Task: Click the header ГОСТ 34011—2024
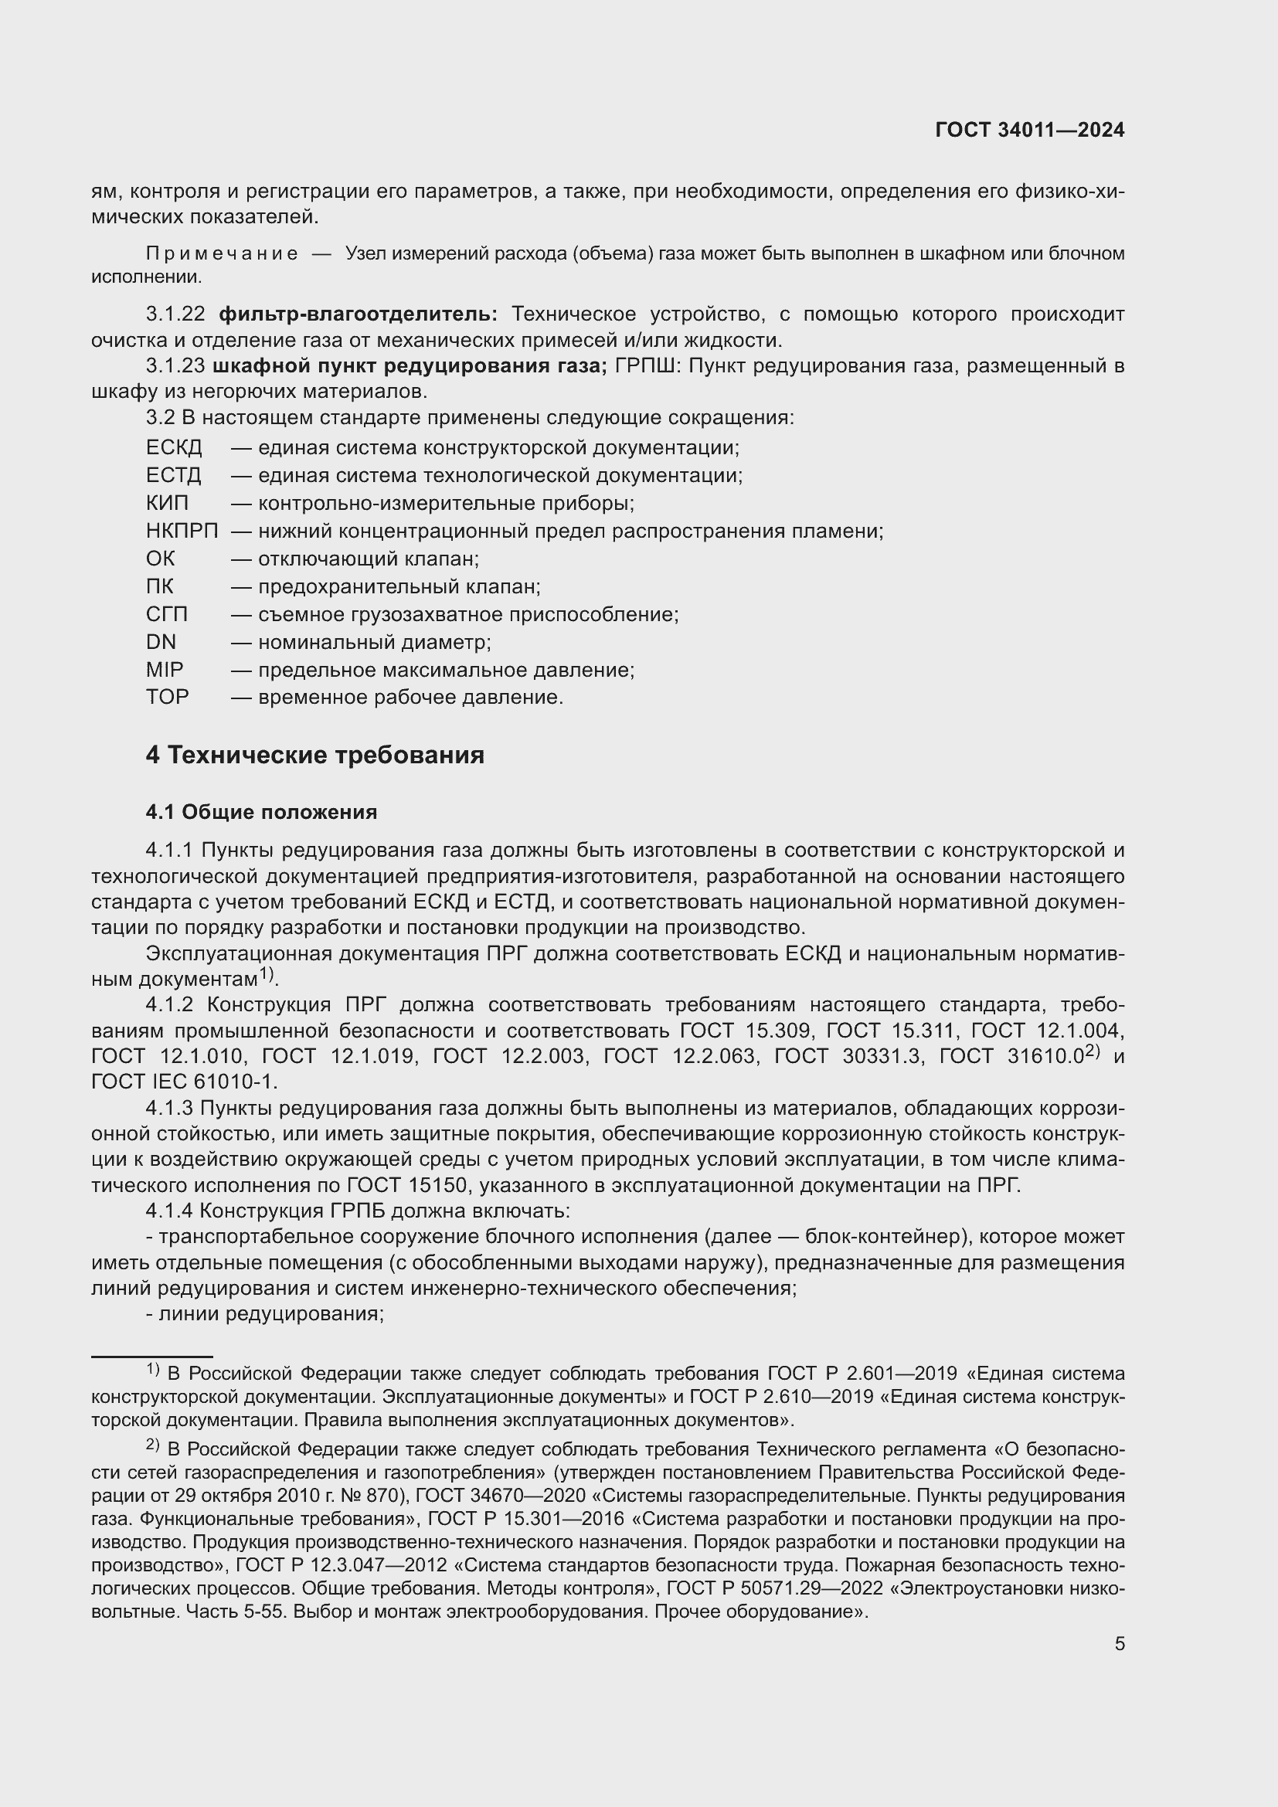[1029, 131]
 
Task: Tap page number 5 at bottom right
[1119, 1643]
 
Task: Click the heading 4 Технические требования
[314, 756]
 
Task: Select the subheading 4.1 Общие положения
[261, 812]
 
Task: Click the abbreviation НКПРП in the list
[182, 532]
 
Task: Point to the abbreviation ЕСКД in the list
[174, 448]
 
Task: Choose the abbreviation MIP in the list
[165, 670]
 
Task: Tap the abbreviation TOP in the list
[167, 698]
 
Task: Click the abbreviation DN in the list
[161, 642]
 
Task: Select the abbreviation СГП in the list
[167, 615]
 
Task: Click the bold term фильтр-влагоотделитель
[358, 314]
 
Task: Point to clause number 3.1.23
[175, 367]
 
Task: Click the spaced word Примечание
[222, 253]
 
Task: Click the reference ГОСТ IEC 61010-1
[184, 1082]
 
